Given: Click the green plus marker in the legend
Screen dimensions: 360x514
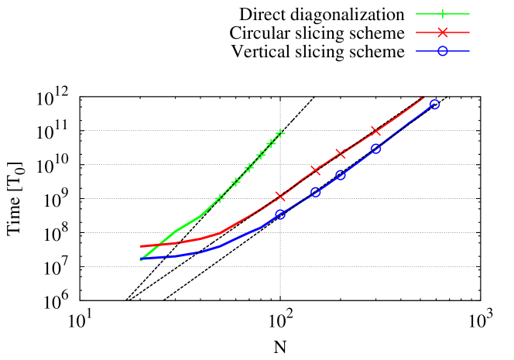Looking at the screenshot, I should click(443, 14).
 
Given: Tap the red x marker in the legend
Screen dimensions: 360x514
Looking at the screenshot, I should click(443, 33).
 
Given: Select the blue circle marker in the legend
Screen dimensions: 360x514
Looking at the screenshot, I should click(443, 51).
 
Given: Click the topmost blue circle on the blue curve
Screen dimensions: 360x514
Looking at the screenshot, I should click(434, 104).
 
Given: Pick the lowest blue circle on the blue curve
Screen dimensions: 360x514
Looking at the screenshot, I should click(280, 214).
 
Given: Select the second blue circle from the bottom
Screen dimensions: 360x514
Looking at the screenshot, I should click(316, 192).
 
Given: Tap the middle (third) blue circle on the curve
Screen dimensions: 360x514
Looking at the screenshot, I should click(341, 175).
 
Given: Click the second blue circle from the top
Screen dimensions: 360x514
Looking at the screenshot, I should click(375, 149).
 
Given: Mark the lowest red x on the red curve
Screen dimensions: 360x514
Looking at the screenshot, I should click(280, 196).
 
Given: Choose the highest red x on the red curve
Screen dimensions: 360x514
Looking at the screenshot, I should click(375, 131).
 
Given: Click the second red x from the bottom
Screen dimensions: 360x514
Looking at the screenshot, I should click(315, 170).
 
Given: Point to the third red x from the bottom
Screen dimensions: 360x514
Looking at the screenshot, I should click(340, 153).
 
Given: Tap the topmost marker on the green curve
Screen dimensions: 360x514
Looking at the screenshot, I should click(279, 133).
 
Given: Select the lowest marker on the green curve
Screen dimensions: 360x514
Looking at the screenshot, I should click(219, 199).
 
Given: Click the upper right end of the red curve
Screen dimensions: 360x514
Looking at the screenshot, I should click(424, 97).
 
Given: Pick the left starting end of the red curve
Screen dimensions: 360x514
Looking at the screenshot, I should click(141, 246).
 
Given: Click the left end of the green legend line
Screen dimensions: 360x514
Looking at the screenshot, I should click(416, 14).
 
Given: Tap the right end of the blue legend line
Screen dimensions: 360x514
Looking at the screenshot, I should click(469, 51).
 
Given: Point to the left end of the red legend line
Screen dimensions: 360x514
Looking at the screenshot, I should click(416, 33).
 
